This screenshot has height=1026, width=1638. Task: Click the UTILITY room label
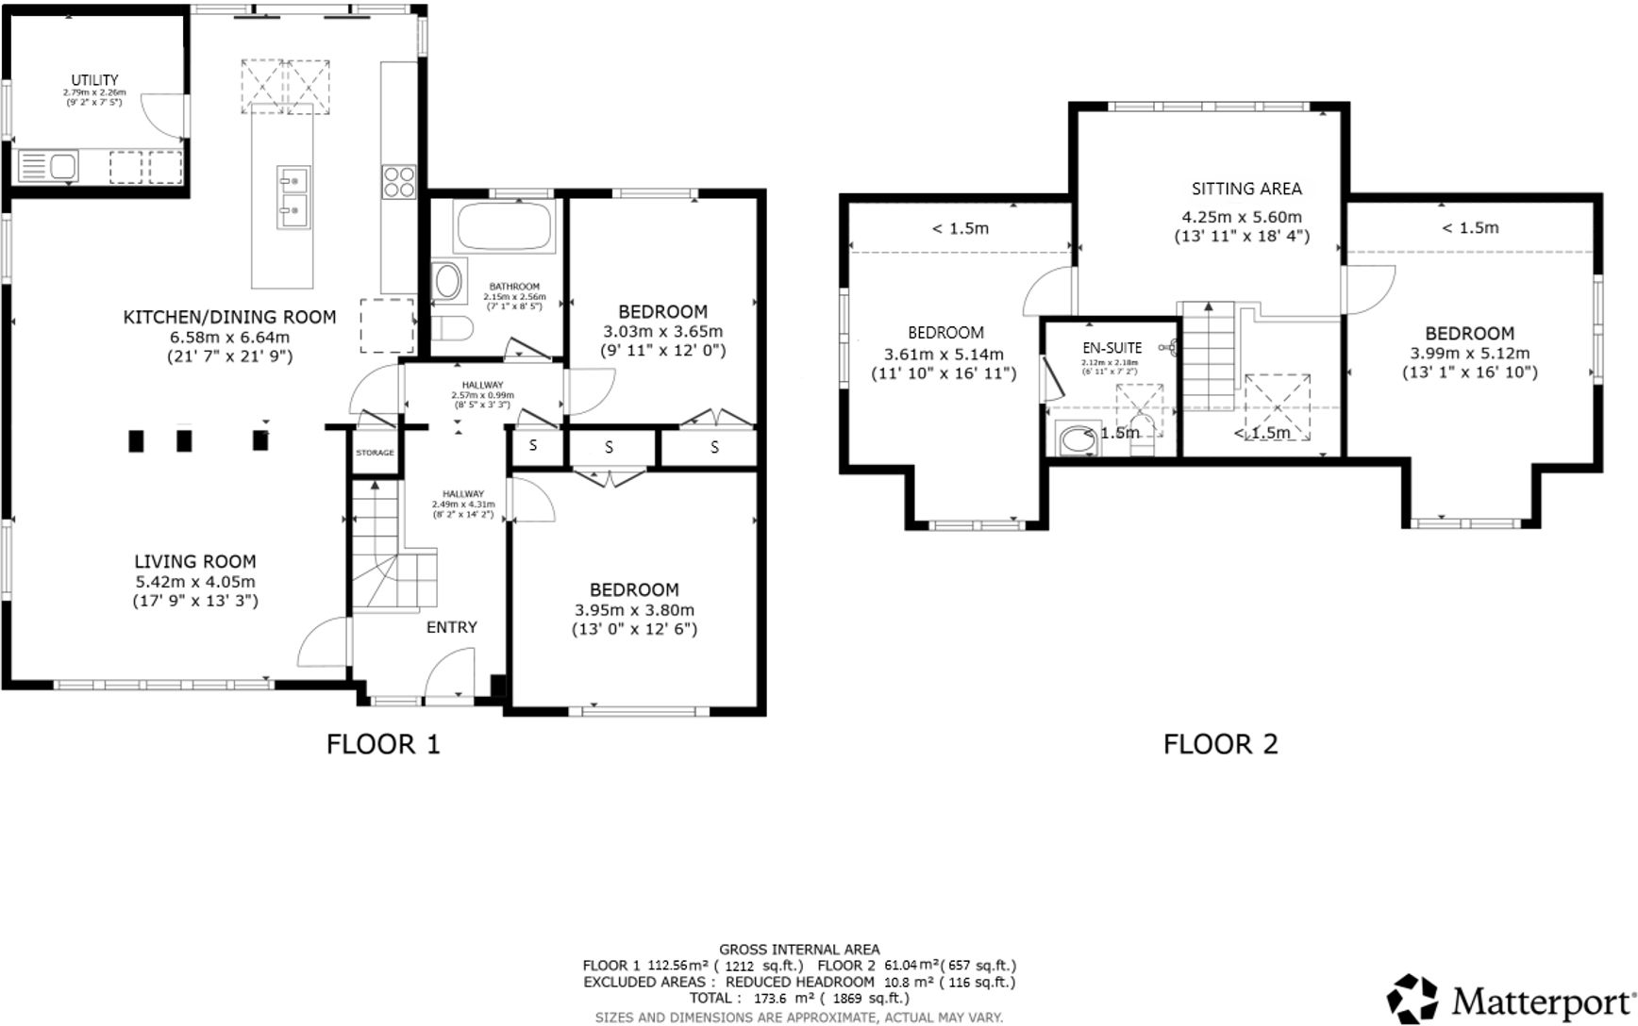click(x=94, y=80)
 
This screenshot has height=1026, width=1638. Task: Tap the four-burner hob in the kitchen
click(x=398, y=180)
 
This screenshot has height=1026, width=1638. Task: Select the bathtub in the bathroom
click(x=504, y=227)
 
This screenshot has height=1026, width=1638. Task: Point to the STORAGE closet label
click(x=375, y=453)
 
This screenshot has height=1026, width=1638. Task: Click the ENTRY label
click(x=452, y=627)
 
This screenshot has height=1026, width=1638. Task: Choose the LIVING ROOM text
click(x=194, y=562)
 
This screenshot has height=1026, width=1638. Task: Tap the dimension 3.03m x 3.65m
click(x=662, y=331)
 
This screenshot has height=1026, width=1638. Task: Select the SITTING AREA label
click(x=1245, y=189)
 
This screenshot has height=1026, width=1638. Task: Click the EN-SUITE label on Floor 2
click(x=1111, y=348)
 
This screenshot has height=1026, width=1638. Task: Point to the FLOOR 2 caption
click(x=1220, y=744)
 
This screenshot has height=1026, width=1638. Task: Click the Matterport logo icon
click(x=1412, y=999)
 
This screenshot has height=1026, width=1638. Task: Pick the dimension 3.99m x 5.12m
click(x=1469, y=354)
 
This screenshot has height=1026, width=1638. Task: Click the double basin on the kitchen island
click(x=294, y=196)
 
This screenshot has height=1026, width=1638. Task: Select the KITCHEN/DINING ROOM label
click(x=229, y=317)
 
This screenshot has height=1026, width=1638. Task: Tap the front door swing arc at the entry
click(x=448, y=673)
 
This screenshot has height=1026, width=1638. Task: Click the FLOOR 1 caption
click(x=383, y=744)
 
